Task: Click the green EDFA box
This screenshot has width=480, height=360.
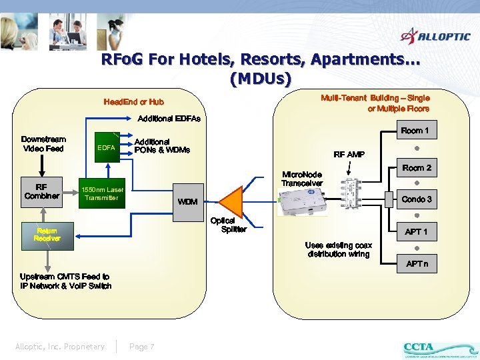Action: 106,147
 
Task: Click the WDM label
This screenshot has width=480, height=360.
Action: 187,201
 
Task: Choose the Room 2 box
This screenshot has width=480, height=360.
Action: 417,168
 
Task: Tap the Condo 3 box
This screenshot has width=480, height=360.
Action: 417,199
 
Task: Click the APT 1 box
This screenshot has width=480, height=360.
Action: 417,232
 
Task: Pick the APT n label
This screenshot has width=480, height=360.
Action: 417,264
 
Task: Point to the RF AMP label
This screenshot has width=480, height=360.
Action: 349,155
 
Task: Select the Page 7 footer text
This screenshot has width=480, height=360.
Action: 142,347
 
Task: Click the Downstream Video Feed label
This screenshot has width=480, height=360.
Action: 43,144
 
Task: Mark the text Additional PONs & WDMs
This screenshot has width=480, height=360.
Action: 162,145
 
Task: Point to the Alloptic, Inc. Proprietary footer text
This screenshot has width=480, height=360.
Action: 60,347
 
